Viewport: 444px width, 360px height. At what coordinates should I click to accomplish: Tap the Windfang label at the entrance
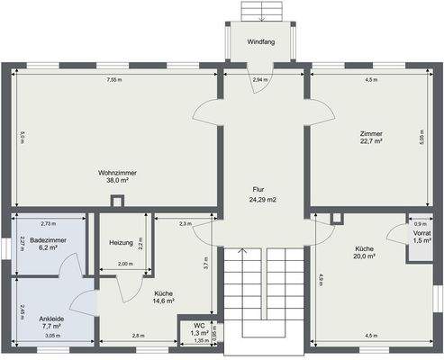pyautogui.click(x=262, y=40)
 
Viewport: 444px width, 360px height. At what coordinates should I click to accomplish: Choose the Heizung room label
pyautogui.click(x=121, y=243)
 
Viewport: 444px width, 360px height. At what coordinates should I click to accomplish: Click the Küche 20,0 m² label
pyautogui.click(x=365, y=252)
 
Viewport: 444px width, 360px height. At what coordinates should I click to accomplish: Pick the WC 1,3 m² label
pyautogui.click(x=200, y=329)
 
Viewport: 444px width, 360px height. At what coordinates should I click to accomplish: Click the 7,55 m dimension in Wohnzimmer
pyautogui.click(x=114, y=80)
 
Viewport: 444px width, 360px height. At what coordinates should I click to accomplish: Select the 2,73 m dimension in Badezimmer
pyautogui.click(x=49, y=223)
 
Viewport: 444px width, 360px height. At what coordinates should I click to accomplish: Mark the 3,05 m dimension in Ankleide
pyautogui.click(x=52, y=336)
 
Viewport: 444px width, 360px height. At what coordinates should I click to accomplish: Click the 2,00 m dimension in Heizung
pyautogui.click(x=125, y=264)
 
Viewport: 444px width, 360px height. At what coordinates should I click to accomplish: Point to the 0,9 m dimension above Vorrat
pyautogui.click(x=419, y=223)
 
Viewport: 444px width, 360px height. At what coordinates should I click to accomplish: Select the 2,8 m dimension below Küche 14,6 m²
pyautogui.click(x=138, y=336)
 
